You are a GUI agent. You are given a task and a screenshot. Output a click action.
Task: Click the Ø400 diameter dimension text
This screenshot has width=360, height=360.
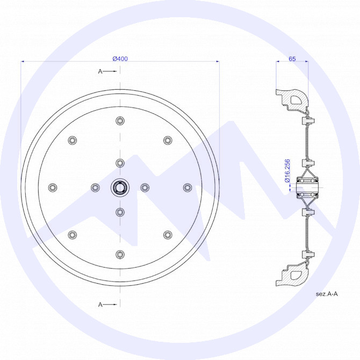[x=120, y=59]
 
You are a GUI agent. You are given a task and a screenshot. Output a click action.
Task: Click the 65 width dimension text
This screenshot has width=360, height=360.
[x=292, y=59]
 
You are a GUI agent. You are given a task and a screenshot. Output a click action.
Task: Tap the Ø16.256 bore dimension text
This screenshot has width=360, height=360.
[x=287, y=171]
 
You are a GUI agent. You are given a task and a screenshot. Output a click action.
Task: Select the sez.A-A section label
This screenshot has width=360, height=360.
[x=327, y=294]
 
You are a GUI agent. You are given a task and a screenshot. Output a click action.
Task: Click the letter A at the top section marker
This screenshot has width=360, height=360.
[x=100, y=71]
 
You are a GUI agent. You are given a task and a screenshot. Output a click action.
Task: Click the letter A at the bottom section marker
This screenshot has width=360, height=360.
[x=100, y=305]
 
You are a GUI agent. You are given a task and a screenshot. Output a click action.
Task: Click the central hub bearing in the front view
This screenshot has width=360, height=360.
[x=120, y=188]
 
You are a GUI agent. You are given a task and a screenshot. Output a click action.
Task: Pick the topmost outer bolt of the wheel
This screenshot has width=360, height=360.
[x=120, y=120]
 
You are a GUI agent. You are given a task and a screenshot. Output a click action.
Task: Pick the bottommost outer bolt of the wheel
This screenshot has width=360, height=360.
[x=120, y=255]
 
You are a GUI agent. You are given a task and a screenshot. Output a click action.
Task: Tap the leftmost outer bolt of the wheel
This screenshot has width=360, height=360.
[x=53, y=188]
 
